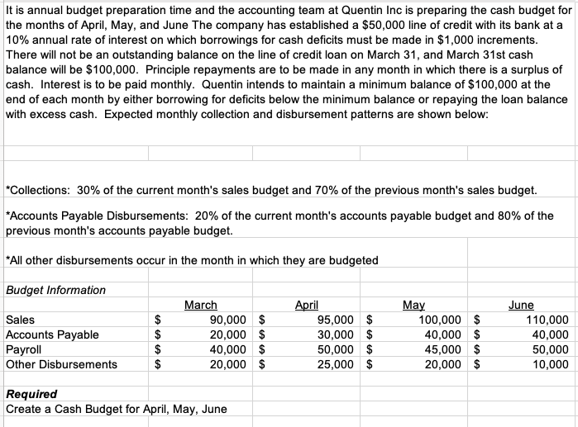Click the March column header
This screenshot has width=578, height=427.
[201, 305]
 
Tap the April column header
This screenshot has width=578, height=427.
[307, 305]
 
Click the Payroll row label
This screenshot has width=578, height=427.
[24, 349]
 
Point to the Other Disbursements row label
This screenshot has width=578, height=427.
[61, 364]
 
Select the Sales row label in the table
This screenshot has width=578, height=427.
[20, 320]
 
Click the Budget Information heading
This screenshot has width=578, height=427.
[55, 290]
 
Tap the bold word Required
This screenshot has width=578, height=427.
[31, 394]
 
